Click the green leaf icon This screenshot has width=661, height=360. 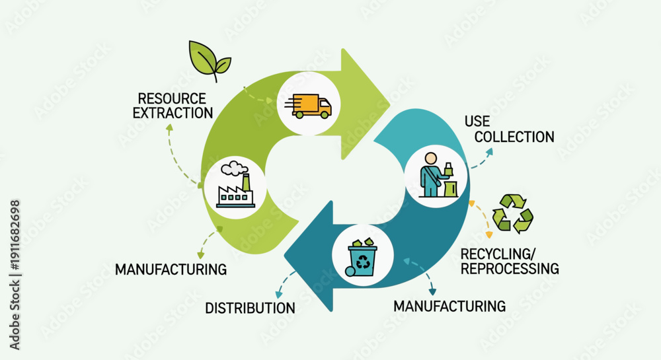tap(210, 60)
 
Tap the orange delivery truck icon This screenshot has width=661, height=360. tap(308, 106)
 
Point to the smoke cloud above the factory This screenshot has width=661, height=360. tap(234, 168)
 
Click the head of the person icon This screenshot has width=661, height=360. tap(431, 159)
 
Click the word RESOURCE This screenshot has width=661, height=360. tap(172, 98)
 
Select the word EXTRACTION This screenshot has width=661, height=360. tap(173, 113)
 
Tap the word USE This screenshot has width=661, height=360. tap(477, 122)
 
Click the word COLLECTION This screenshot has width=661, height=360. tap(514, 137)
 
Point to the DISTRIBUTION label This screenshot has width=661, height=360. tap(250, 308)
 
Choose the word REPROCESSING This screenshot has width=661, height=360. tap(510, 269)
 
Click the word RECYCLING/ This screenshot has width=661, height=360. tap(498, 254)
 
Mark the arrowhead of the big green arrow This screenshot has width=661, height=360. tap(365, 104)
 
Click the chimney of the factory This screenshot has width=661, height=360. tap(246, 182)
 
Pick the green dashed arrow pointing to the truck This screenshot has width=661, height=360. tap(257, 95)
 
